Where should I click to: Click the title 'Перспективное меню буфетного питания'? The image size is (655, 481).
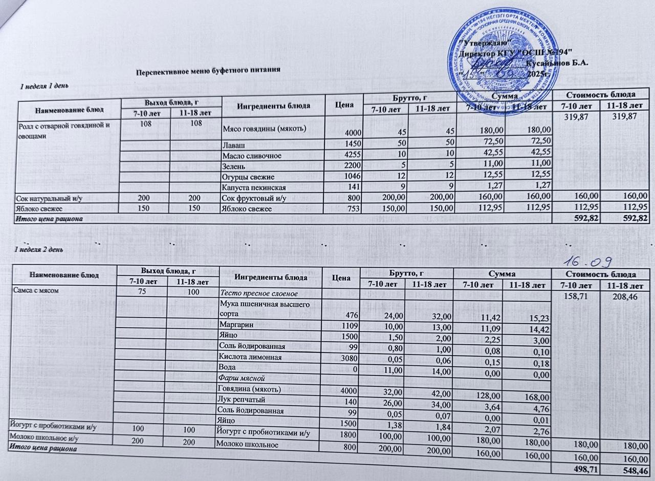[x=209, y=70]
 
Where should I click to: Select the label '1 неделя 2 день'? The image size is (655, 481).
[x=38, y=249]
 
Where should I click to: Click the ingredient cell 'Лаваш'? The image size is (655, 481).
[x=232, y=144]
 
